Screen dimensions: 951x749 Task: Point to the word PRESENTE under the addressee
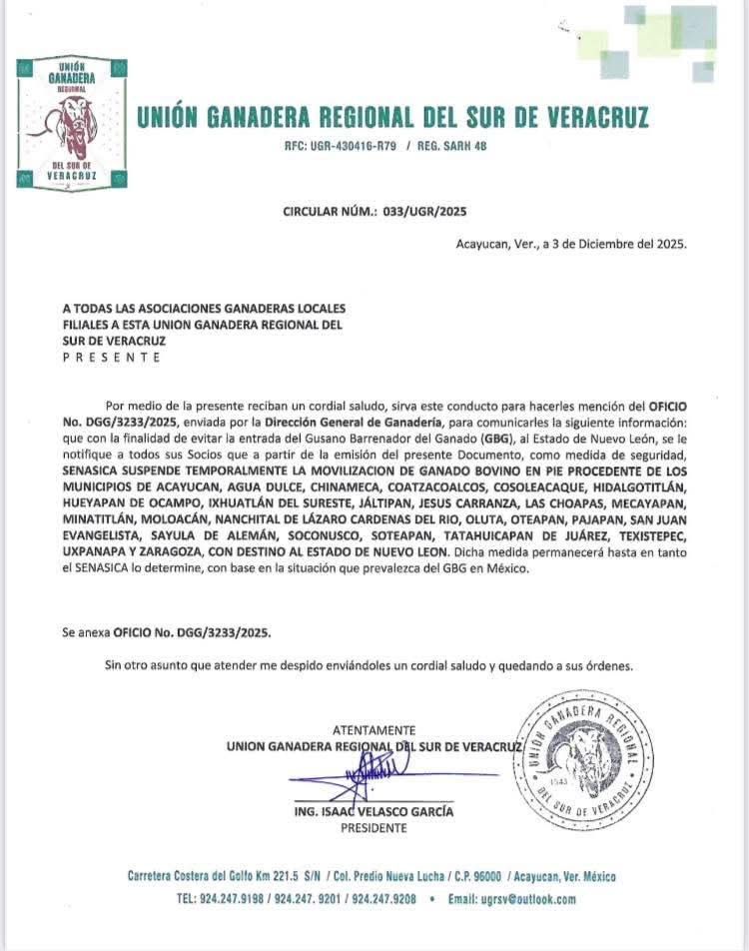pyautogui.click(x=111, y=357)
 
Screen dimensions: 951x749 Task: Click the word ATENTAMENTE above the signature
pyautogui.click(x=374, y=730)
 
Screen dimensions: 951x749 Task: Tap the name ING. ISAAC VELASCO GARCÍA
pyautogui.click(x=374, y=811)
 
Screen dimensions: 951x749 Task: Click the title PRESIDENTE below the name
pyautogui.click(x=374, y=828)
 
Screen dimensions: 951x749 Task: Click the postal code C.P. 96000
pyautogui.click(x=462, y=876)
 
